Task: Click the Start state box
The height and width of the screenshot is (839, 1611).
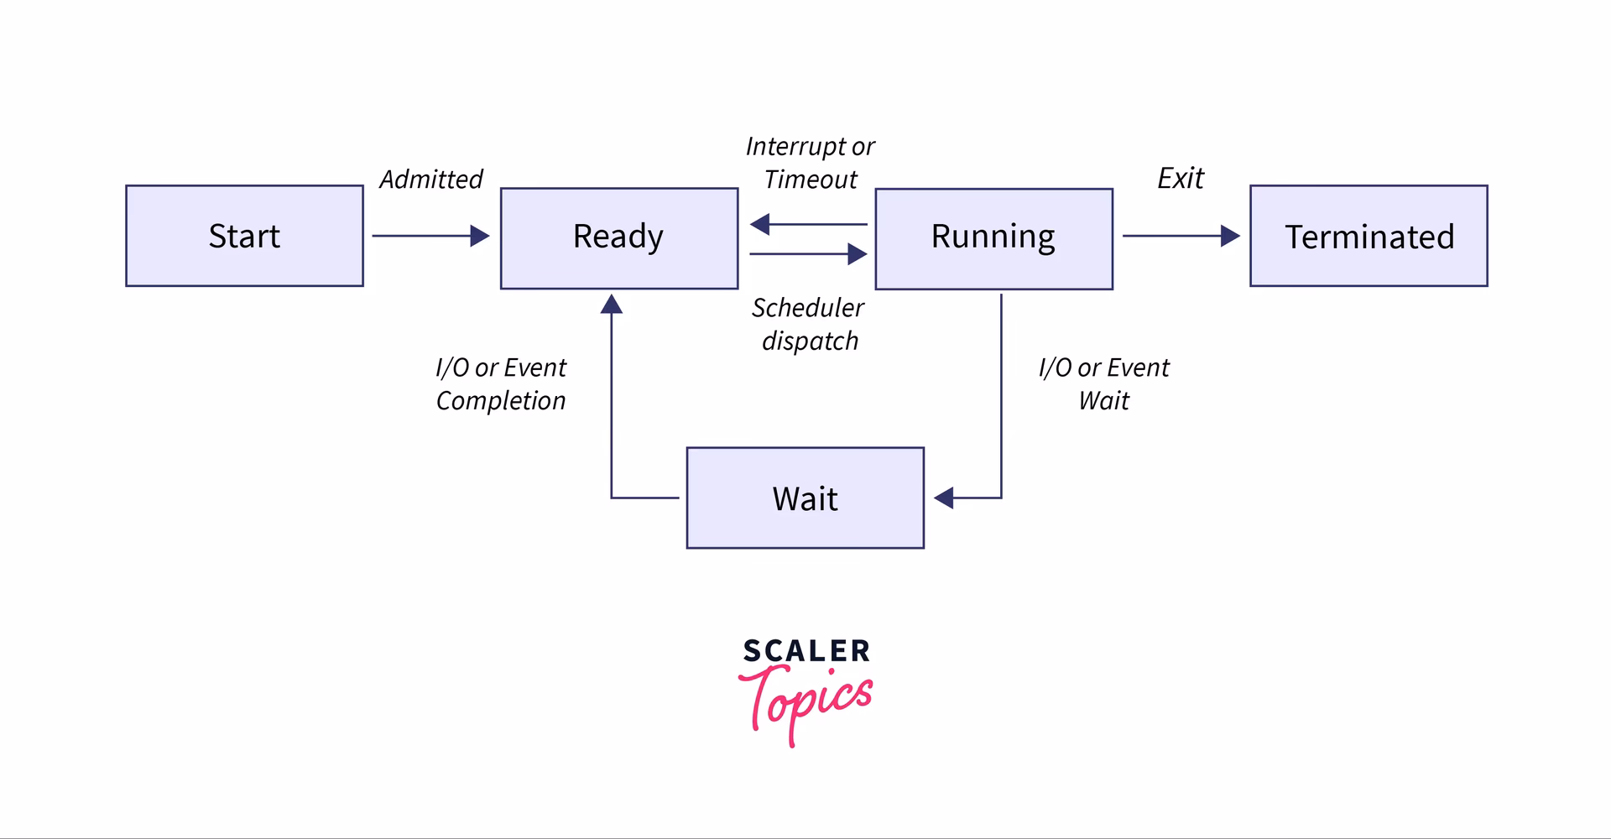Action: point(244,236)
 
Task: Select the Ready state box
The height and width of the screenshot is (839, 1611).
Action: point(618,237)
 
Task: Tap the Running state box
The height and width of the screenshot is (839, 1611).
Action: point(993,238)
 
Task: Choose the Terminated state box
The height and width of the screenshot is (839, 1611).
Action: point(1369,236)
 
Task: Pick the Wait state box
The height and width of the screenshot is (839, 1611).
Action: point(805,498)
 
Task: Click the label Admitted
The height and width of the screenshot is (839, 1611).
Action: point(430,179)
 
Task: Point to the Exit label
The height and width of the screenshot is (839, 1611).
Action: point(1180,178)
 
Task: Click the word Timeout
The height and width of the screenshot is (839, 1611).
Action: point(811,180)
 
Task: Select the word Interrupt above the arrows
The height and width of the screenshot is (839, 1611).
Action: point(795,147)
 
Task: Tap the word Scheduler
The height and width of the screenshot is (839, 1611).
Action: point(807,308)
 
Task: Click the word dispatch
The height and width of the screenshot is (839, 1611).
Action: point(810,341)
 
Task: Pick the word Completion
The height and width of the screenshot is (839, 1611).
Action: point(500,401)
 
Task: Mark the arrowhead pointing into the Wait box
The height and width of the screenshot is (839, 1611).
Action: point(944,498)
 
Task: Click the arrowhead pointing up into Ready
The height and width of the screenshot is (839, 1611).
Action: point(612,304)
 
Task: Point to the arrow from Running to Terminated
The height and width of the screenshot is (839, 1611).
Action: point(1180,236)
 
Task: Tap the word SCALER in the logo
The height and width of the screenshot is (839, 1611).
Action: point(806,651)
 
